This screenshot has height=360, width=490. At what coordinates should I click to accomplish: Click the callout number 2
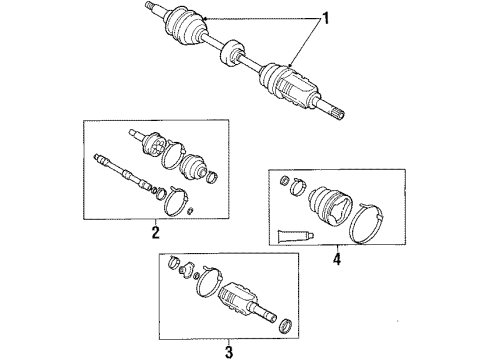click(155, 232)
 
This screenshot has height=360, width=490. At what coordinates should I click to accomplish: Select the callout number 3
click(229, 350)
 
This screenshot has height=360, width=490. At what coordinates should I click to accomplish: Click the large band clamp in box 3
click(215, 285)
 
